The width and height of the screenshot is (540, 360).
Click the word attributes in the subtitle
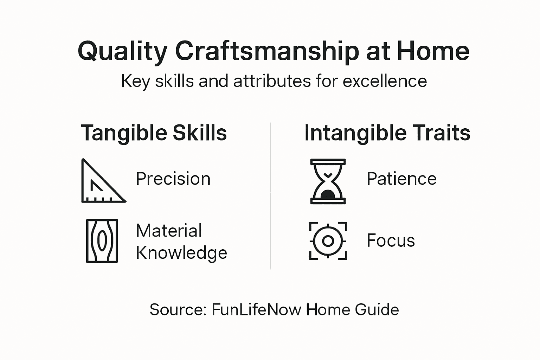[272, 81]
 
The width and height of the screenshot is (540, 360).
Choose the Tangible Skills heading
[154, 133]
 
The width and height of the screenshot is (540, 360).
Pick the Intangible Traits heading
[387, 133]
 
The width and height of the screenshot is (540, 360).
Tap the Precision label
[173, 179]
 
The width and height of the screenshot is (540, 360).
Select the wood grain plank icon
[102, 241]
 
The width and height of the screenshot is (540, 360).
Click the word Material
[169, 231]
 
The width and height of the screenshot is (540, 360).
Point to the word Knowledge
[181, 253]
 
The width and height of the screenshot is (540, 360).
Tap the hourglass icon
[328, 181]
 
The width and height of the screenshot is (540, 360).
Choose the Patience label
[401, 179]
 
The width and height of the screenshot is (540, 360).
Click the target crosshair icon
[328, 241]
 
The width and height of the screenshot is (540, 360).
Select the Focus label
[391, 241]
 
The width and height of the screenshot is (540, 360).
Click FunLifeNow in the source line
[256, 310]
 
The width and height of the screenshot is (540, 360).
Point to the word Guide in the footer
[377, 310]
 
